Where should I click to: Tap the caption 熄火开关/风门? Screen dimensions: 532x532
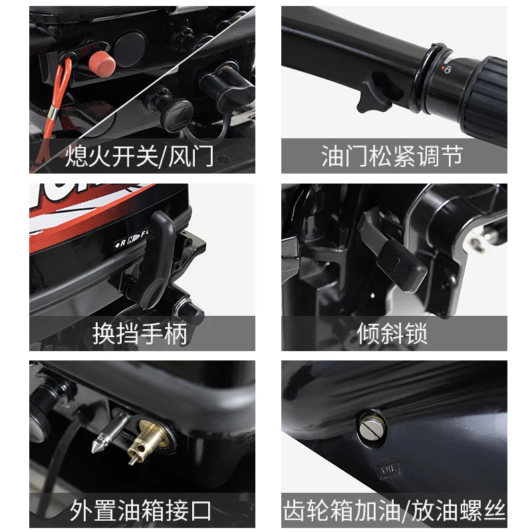click(139, 156)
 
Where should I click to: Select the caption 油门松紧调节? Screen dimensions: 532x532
click(392, 156)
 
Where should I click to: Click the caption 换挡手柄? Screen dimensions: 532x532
click(140, 334)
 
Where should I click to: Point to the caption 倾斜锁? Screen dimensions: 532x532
click(392, 334)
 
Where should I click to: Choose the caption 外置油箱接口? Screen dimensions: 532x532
click(140, 511)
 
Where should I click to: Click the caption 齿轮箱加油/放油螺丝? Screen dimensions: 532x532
click(394, 511)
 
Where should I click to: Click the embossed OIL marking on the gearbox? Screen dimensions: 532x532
click(389, 469)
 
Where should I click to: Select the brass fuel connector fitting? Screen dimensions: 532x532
click(148, 441)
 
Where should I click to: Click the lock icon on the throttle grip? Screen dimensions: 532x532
click(448, 70)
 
